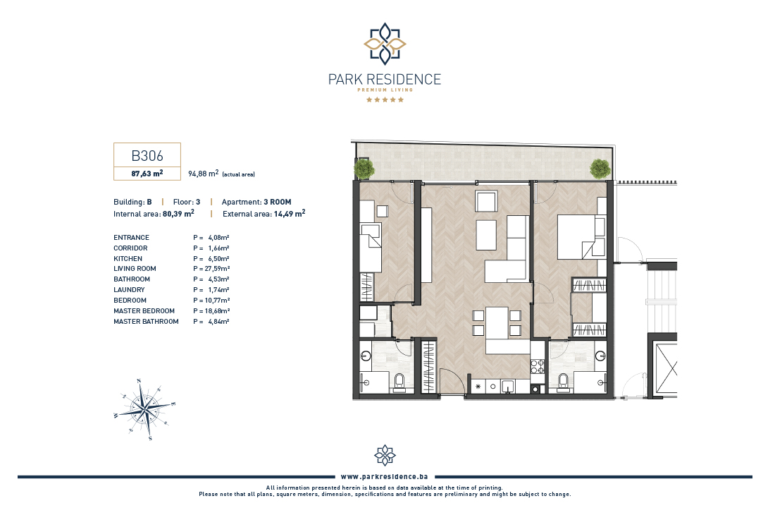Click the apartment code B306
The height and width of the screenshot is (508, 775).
(147, 155)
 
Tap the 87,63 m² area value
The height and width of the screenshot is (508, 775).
(147, 174)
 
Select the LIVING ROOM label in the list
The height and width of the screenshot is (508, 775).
(135, 269)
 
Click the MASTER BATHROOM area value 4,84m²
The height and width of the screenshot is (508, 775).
(218, 321)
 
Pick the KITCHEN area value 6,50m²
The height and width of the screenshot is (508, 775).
(218, 258)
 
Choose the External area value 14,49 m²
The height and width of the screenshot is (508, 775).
(290, 214)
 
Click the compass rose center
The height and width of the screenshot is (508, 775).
(144, 409)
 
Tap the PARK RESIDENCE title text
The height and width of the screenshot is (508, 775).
(385, 79)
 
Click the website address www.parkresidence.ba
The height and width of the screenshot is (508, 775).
(385, 477)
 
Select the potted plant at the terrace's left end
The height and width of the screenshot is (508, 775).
(364, 169)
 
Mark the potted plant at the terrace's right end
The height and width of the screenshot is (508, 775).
(600, 169)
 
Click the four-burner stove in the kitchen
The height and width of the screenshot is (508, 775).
(538, 366)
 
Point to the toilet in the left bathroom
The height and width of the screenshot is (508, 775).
(400, 382)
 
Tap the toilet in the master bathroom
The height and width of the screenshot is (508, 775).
(562, 382)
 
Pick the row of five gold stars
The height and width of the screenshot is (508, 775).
(385, 99)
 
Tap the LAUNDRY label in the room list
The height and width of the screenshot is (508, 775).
(130, 290)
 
